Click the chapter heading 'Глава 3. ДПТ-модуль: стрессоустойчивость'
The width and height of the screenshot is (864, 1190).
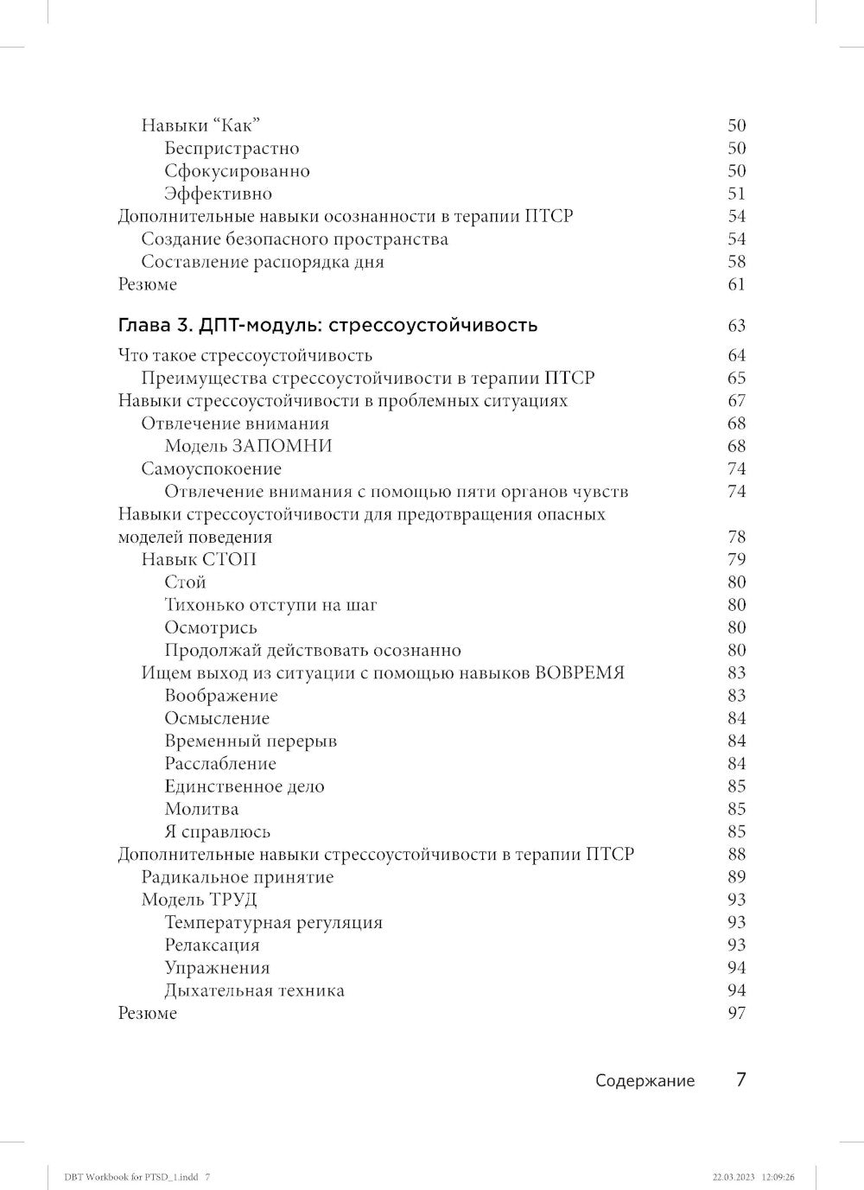click(x=327, y=326)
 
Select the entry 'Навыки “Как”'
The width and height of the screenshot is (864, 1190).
click(x=200, y=125)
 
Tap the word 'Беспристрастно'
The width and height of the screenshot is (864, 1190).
click(x=232, y=148)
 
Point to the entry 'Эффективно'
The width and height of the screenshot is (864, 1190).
click(x=218, y=194)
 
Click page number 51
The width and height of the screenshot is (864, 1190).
click(x=736, y=194)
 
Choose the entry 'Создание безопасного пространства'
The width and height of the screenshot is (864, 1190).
click(x=295, y=239)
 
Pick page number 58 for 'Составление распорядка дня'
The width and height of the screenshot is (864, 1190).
click(x=736, y=262)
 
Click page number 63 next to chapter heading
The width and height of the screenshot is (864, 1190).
click(x=736, y=326)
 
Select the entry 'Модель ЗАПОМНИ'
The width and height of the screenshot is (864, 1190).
click(x=248, y=446)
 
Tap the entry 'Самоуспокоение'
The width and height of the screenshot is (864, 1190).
click(x=211, y=468)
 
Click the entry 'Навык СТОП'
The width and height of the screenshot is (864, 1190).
click(x=199, y=559)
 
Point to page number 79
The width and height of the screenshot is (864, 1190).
click(x=736, y=559)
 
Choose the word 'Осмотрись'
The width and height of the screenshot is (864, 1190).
click(x=211, y=627)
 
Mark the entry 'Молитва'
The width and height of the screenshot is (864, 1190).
click(x=201, y=809)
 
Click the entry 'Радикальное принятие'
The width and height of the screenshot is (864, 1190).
click(x=237, y=877)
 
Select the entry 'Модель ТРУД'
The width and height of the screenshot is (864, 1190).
click(x=199, y=900)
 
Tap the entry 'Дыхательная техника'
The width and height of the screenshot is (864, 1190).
click(x=254, y=990)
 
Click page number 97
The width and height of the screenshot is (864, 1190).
click(x=736, y=1013)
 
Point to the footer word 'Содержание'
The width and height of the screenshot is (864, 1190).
click(x=645, y=1081)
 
